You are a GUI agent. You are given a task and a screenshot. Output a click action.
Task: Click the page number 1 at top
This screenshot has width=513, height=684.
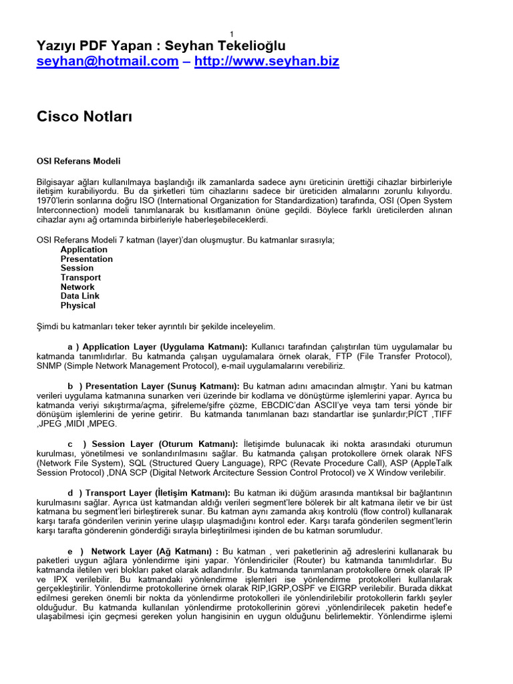(x=231, y=35)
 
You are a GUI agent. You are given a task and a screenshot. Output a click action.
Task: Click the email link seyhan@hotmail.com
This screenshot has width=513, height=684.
(x=107, y=61)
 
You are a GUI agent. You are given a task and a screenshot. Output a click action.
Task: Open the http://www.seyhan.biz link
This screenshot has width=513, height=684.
(x=267, y=61)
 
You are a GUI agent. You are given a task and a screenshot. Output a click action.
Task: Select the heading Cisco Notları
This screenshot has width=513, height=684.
(x=84, y=117)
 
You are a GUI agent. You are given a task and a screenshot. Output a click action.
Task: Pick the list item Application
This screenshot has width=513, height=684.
(x=83, y=250)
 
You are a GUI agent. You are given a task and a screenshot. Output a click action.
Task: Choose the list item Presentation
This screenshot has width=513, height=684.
(x=86, y=259)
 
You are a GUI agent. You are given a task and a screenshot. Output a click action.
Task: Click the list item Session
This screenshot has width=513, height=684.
(x=77, y=269)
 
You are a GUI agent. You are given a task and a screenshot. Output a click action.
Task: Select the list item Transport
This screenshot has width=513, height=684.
(x=80, y=278)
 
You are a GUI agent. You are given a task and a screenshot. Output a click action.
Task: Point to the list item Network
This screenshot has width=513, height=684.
(x=77, y=287)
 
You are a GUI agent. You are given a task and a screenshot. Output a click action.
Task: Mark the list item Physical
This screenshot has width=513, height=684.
(x=77, y=306)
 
